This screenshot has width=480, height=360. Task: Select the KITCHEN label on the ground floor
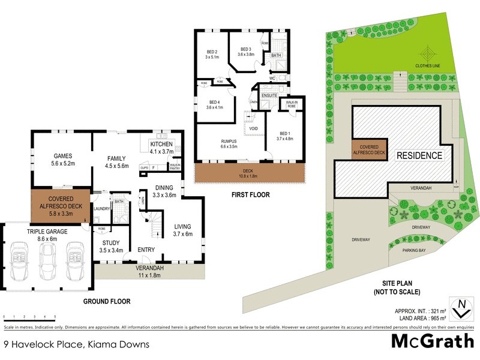tap(161, 145)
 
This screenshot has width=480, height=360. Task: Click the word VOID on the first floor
tap(253, 128)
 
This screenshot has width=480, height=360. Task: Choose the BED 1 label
tap(284, 133)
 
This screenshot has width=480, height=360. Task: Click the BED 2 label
tap(212, 52)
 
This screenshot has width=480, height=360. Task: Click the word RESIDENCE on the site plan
tap(419, 155)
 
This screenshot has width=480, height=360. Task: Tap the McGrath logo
tap(431, 341)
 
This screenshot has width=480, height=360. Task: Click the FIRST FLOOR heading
tap(252, 195)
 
